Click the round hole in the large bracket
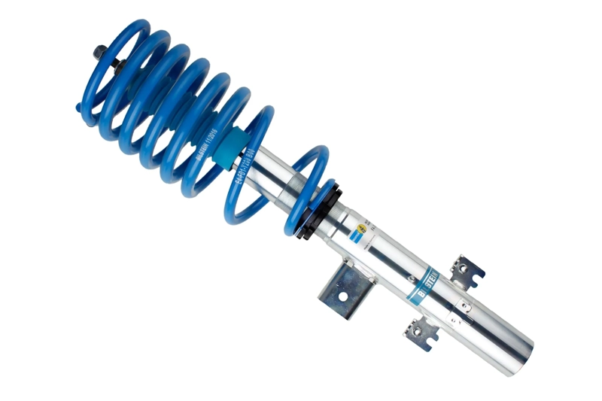coord(342,296)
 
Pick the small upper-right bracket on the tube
coord(467,271)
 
